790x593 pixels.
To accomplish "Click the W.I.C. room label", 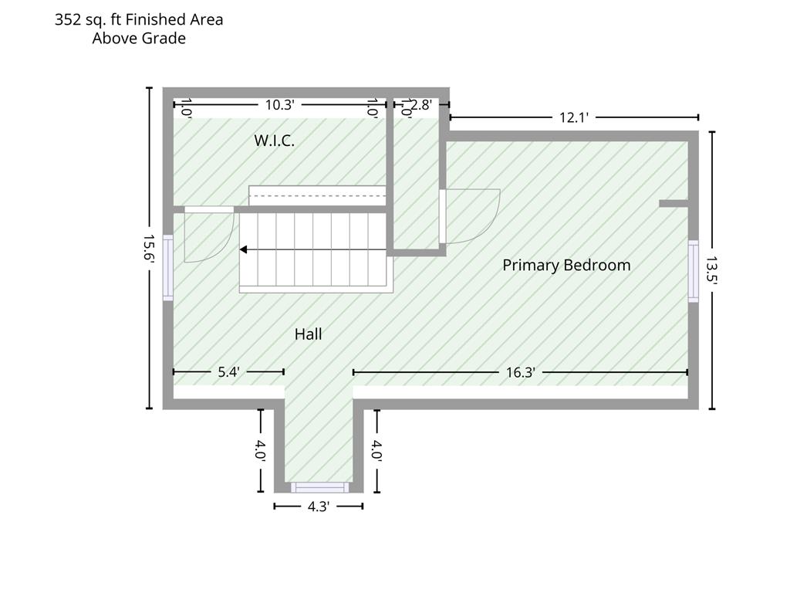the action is tap(274, 141).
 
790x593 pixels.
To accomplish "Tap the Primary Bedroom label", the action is tap(566, 266).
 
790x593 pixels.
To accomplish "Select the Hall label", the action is tap(309, 334).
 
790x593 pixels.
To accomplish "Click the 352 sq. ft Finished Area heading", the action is tap(139, 19).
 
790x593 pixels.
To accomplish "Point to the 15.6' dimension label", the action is tap(149, 248).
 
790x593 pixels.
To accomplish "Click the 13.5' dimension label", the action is tap(711, 270).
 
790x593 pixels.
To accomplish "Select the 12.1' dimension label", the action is tap(574, 117).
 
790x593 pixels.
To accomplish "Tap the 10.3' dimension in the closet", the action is tap(279, 105).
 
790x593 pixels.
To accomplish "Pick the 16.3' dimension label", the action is tap(521, 373).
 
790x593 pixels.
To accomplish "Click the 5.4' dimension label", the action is tap(228, 372).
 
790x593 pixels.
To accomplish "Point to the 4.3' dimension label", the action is tap(319, 507).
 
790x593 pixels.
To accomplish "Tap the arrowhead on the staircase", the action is tap(243, 249).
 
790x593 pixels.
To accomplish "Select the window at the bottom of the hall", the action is tap(319, 488).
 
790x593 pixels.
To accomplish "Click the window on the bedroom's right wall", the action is tap(694, 271).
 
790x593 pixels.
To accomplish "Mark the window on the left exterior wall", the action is tap(167, 268).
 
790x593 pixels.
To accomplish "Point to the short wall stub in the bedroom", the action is tap(674, 204).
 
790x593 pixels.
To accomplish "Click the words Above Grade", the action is tap(139, 39).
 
